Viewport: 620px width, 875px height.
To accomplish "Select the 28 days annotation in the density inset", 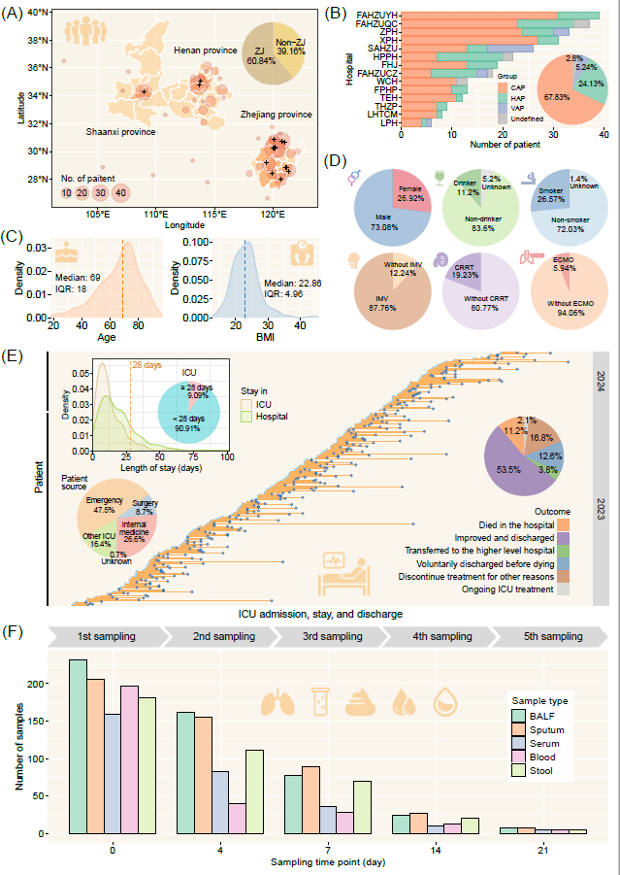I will pos(146,366).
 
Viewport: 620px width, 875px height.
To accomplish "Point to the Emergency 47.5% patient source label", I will pos(99,504).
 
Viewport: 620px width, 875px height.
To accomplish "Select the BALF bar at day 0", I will pos(78,746).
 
